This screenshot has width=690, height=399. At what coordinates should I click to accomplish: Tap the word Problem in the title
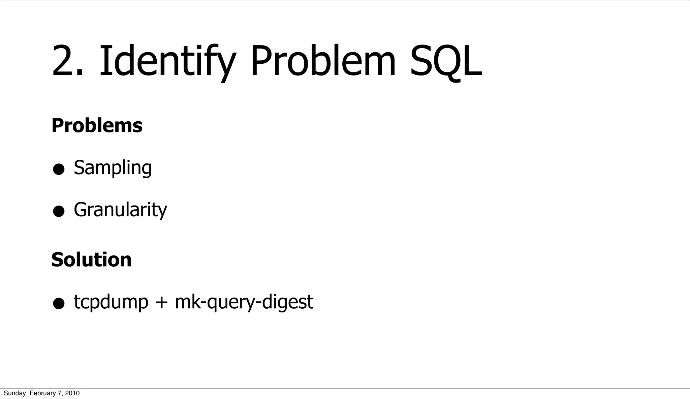(323, 61)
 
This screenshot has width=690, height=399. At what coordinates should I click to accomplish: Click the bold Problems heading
(97, 125)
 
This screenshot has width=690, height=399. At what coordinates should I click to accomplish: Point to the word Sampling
(113, 167)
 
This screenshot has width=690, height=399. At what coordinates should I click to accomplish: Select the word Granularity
(120, 209)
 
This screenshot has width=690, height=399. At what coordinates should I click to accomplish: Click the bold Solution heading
(91, 259)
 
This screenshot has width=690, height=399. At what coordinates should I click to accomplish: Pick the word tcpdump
(111, 302)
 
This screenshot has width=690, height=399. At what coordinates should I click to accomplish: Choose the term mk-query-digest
(244, 302)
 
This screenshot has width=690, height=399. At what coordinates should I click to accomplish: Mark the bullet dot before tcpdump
(59, 304)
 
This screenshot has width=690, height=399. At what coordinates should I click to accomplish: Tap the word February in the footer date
(41, 393)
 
